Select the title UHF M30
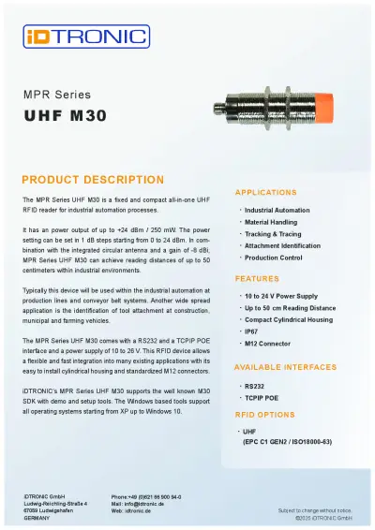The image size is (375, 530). pyautogui.click(x=66, y=116)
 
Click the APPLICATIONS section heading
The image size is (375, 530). pyautogui.click(x=265, y=192)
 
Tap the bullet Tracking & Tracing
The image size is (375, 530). pyautogui.click(x=273, y=234)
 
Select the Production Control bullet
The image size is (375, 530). pyautogui.click(x=273, y=258)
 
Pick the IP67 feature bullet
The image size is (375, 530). pyautogui.click(x=252, y=331)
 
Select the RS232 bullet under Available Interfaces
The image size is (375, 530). pyautogui.click(x=254, y=385)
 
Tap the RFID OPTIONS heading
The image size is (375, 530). pyautogui.click(x=265, y=414)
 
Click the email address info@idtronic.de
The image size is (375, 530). pyautogui.click(x=143, y=503)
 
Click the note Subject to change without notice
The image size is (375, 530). pyautogui.click(x=314, y=510)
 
